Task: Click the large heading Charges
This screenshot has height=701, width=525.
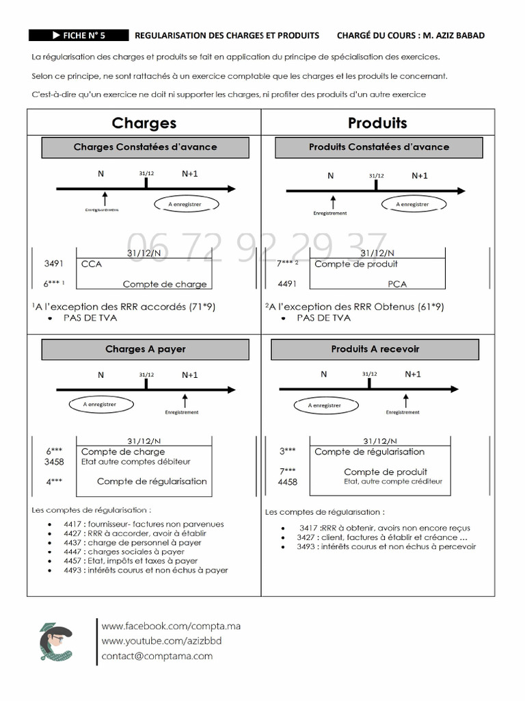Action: [144, 123]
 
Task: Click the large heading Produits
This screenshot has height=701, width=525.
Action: [377, 123]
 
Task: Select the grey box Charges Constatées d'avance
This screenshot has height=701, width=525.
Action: [145, 146]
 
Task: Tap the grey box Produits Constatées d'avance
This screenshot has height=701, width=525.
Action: [379, 146]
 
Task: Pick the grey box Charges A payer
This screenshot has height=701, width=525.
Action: [145, 349]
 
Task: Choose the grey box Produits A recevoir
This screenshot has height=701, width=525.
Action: [375, 349]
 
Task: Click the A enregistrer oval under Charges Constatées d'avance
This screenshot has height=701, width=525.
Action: [185, 205]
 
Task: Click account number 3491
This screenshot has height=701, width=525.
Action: [53, 264]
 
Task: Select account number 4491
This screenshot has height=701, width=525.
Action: [287, 282]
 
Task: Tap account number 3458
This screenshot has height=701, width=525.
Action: [53, 462]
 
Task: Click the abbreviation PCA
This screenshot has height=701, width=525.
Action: [397, 283]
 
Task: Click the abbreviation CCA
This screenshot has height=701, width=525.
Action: [91, 264]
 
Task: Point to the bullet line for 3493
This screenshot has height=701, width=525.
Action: [386, 546]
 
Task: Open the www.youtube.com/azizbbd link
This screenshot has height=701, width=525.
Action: [161, 641]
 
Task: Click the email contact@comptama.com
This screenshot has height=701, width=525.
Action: [157, 656]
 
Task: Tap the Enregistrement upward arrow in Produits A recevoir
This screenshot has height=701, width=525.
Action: [406, 400]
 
